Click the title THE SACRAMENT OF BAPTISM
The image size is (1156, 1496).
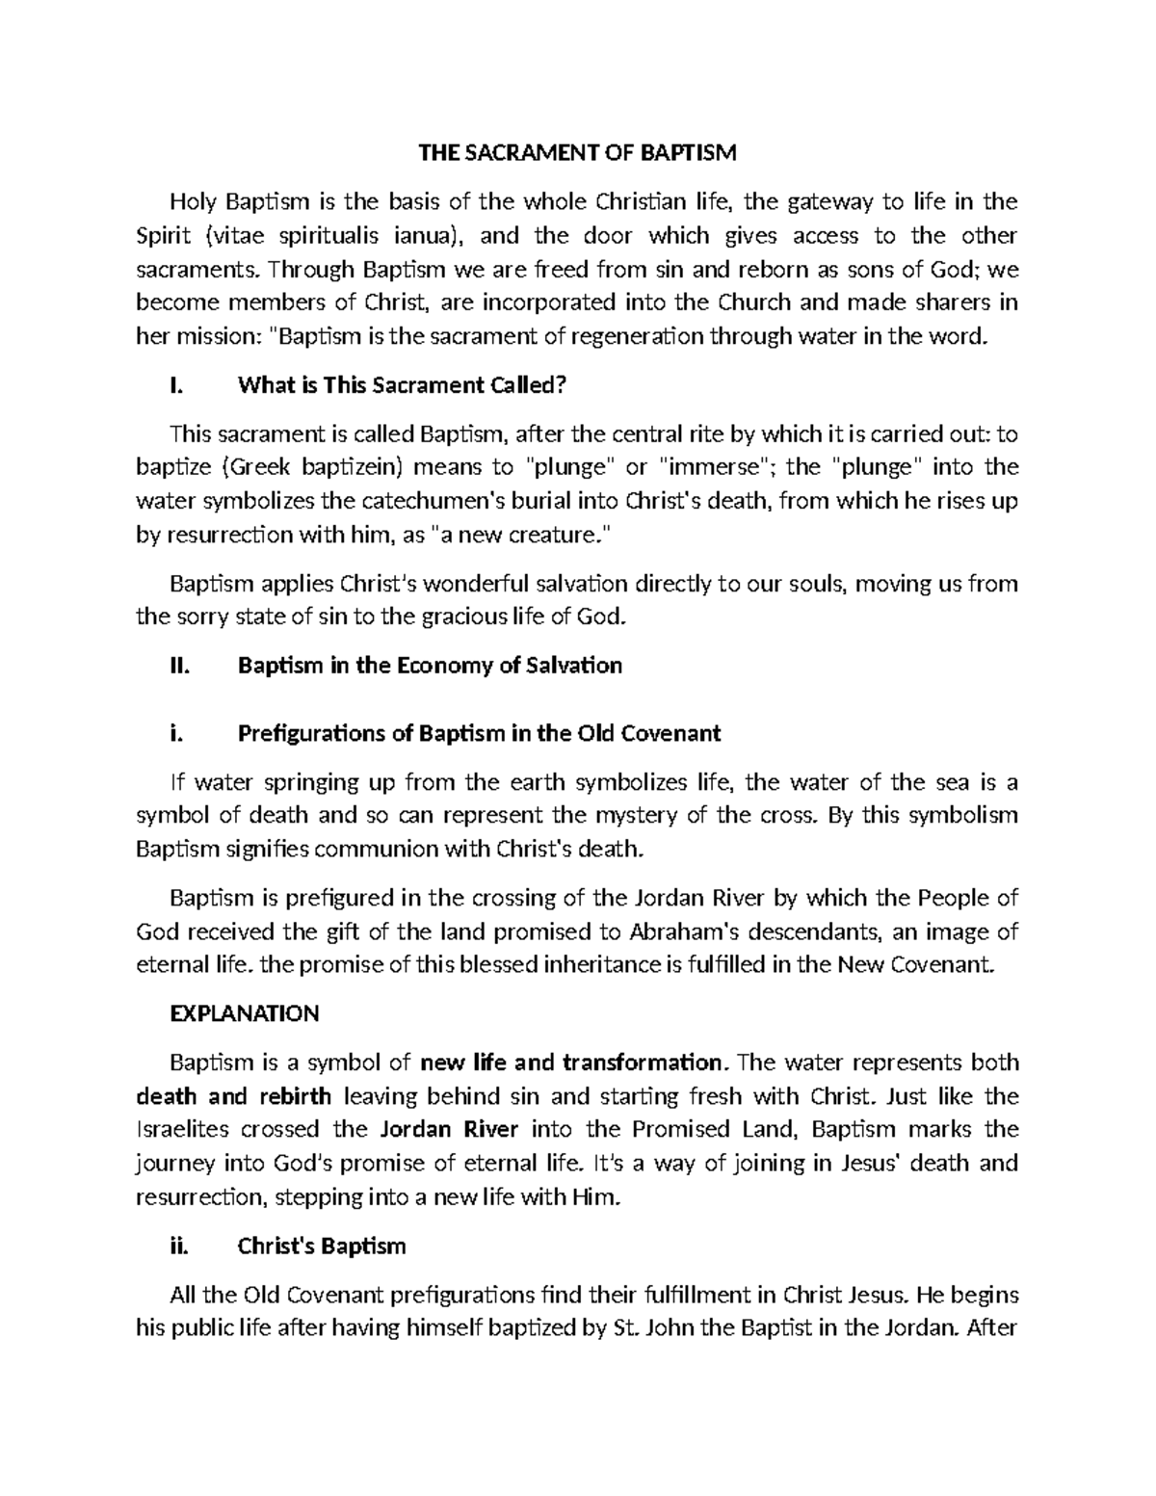[x=576, y=152]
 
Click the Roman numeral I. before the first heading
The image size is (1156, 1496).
[x=174, y=386]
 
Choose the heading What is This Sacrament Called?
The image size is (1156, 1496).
[x=402, y=386]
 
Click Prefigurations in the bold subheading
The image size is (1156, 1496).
[x=311, y=734]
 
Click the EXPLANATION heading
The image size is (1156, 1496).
[x=244, y=1014]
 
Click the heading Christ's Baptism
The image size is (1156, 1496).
[x=322, y=1247]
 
